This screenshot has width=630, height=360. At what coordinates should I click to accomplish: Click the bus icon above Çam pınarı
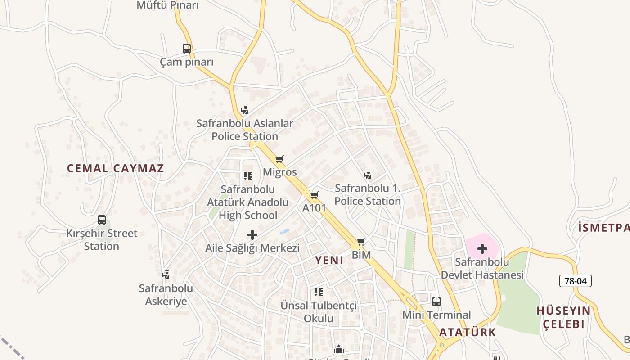coord(186,49)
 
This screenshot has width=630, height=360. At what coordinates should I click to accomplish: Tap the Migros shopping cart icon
coord(279,159)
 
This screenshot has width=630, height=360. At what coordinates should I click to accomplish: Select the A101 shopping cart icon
coord(314,195)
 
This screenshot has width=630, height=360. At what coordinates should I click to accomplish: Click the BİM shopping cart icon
coord(361,242)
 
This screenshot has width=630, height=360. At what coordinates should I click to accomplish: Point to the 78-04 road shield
coord(575,281)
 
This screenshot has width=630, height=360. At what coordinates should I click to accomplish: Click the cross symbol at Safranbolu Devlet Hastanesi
coord(482,248)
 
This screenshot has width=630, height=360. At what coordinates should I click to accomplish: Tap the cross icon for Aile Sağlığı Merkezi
coord(252,234)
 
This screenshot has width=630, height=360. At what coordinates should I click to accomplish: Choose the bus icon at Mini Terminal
coord(436,301)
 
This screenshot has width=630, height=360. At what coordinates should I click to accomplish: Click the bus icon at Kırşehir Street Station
coord(102,220)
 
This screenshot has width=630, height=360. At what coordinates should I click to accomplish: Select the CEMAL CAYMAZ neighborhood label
coord(116,169)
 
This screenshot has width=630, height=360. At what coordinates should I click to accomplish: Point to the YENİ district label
coord(329,260)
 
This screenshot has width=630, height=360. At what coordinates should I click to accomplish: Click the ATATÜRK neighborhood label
coord(467,333)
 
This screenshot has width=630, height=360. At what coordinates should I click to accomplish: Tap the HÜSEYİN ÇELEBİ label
coord(563,317)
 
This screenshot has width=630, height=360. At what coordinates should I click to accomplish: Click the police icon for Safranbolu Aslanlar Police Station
coord(244,110)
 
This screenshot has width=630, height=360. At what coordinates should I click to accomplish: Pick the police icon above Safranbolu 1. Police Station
coord(367,175)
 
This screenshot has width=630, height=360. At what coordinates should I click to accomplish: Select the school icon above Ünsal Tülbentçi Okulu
coord(318,292)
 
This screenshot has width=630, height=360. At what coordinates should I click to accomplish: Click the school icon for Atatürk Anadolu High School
coord(247,176)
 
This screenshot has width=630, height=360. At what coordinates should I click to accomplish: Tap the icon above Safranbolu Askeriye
coord(166,274)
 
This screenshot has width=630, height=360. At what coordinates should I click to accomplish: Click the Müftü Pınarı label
coord(167,5)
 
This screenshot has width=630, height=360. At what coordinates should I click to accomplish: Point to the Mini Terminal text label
coord(436,315)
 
